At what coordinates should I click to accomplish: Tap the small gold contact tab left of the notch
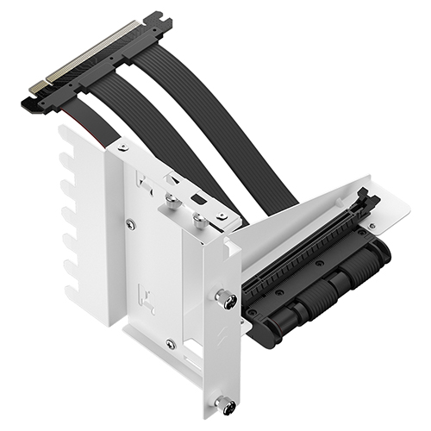coord(37,86)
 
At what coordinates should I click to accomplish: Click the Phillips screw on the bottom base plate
coord(170,344)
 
